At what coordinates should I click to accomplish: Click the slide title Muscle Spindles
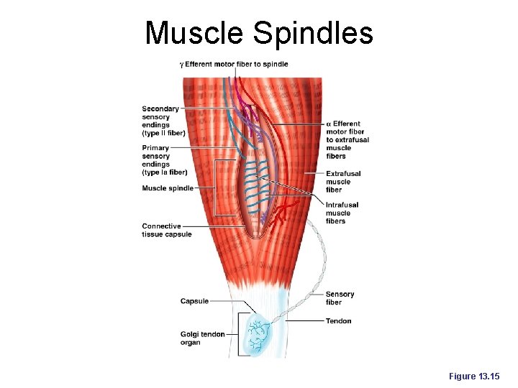(259, 32)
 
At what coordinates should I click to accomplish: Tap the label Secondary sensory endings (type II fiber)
(163, 121)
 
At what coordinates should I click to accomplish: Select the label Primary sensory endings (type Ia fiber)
(164, 160)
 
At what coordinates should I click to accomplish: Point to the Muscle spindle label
(168, 188)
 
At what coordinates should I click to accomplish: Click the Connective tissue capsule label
(165, 230)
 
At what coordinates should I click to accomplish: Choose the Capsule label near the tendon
(195, 301)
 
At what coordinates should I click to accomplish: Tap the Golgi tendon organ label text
(202, 338)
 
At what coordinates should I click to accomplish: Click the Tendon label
(338, 320)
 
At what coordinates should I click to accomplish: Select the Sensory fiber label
(340, 297)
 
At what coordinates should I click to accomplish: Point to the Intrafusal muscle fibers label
(342, 213)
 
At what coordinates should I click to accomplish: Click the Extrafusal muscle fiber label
(343, 181)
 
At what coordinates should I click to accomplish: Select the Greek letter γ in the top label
(181, 65)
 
